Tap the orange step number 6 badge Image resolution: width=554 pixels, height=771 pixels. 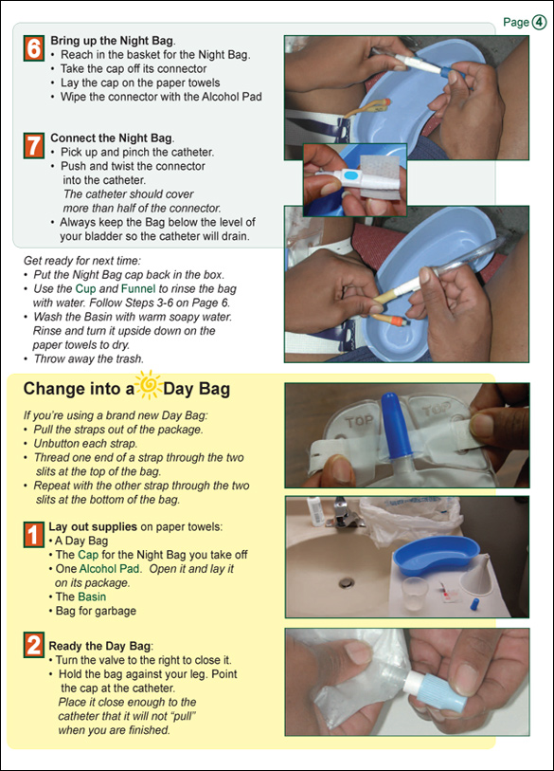(x=34, y=48)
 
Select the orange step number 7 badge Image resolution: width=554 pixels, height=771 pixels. (x=34, y=146)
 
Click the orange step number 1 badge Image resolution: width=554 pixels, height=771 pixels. (x=34, y=535)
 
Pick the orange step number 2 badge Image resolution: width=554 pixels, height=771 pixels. (x=34, y=645)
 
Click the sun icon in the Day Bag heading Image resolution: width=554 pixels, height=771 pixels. (x=149, y=384)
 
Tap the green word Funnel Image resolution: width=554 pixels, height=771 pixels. (x=138, y=288)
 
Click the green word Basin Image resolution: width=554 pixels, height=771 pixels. (x=93, y=597)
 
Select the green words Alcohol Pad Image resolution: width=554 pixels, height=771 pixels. (x=110, y=568)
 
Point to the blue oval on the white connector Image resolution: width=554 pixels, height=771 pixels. (x=350, y=175)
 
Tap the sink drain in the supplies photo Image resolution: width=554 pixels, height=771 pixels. (x=347, y=582)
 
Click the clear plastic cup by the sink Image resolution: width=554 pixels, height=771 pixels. (x=415, y=593)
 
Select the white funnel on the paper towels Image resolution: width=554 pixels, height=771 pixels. (x=475, y=573)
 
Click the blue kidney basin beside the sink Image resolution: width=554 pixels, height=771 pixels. (x=436, y=556)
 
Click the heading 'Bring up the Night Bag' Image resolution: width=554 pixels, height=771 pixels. (x=113, y=41)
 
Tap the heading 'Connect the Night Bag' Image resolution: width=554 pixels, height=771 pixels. (x=113, y=138)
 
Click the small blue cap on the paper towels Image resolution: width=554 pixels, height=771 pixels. (x=474, y=604)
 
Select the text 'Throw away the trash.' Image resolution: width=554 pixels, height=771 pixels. (x=88, y=358)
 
